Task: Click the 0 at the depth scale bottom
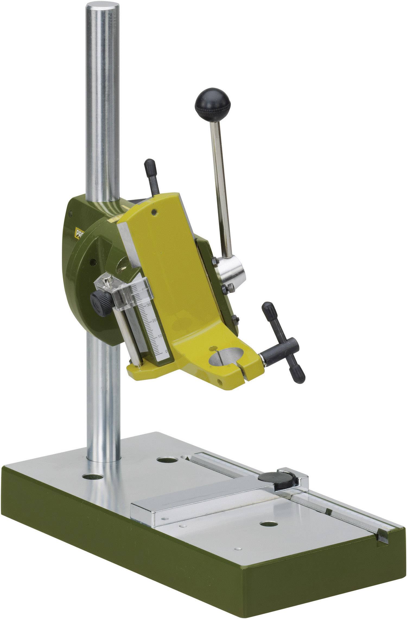pyautogui.click(x=166, y=351)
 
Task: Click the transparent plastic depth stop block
pyautogui.click(x=119, y=293)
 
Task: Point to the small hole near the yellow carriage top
pyautogui.click(x=155, y=211)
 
